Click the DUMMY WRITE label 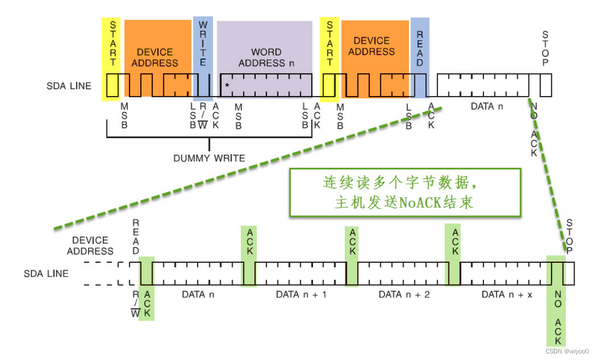pos(209,158)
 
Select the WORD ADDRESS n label pos(267,57)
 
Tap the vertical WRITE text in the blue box pos(203,44)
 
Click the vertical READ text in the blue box pos(420,48)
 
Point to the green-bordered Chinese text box pos(405,192)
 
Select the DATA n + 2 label pos(404,294)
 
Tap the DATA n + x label pos(507,294)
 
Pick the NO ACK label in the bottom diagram pos(558,317)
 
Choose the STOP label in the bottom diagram pos(570,237)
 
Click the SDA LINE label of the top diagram pos(69,86)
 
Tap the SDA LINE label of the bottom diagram pos(46,273)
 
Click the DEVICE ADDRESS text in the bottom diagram pos(90,246)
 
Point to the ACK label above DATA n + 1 pos(352,242)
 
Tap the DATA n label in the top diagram pos(487,106)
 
